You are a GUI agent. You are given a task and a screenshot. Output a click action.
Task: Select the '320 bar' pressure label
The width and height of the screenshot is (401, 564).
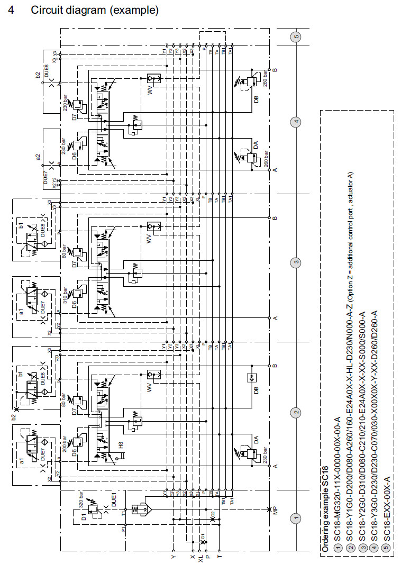tap(81, 499)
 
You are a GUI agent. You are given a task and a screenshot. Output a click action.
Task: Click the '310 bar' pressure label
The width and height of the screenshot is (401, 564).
tap(65, 296)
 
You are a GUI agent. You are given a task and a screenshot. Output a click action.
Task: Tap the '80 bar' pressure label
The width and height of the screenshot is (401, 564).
tap(65, 400)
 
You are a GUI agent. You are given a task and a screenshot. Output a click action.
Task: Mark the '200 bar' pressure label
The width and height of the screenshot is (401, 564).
tap(65, 448)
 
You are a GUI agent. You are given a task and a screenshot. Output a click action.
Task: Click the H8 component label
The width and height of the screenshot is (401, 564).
tap(121, 445)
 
